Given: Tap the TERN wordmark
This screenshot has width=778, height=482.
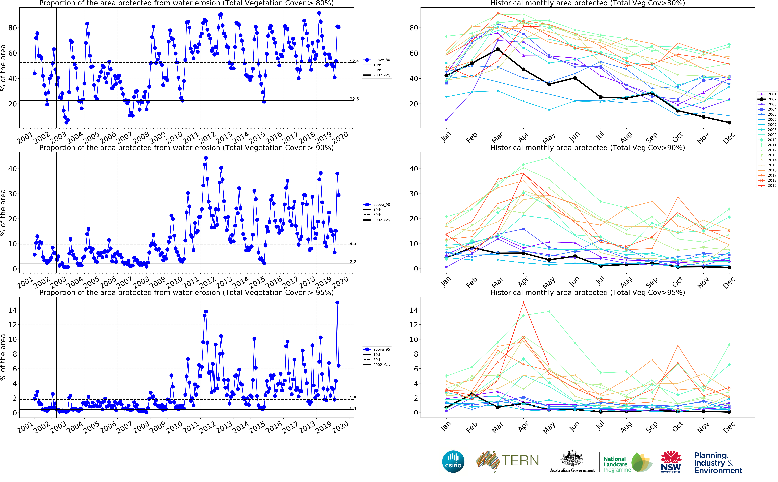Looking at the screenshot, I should pyautogui.click(x=520, y=461).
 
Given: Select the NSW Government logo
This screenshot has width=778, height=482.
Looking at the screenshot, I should pyautogui.click(x=671, y=462).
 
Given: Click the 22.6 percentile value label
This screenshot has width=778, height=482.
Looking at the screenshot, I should pyautogui.click(x=354, y=99).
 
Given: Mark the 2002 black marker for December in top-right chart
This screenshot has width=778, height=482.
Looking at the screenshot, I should pyautogui.click(x=729, y=122).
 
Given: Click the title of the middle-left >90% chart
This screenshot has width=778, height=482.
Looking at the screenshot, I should pyautogui.click(x=186, y=148).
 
